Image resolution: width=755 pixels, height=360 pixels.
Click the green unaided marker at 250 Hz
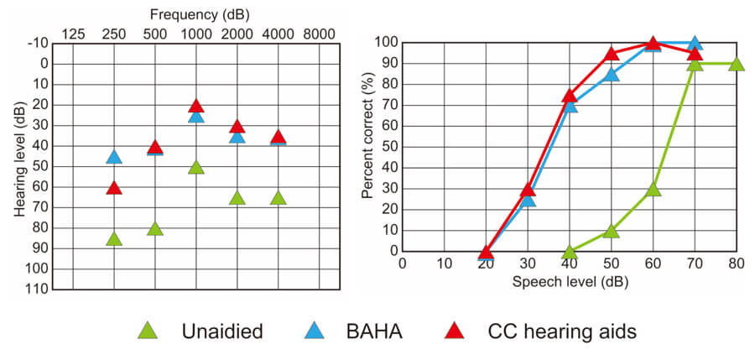click(114, 239)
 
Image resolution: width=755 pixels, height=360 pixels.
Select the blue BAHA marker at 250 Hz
click(114, 157)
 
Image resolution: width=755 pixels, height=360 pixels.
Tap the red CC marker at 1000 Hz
click(196, 106)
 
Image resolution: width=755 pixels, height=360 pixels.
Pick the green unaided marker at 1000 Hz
click(196, 168)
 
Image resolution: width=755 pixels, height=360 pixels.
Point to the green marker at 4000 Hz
click(279, 198)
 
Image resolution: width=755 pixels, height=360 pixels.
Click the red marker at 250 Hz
click(114, 188)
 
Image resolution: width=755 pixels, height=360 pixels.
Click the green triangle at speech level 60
click(653, 190)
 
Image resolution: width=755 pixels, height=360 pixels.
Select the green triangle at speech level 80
click(736, 65)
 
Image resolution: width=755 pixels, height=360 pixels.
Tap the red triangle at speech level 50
click(612, 55)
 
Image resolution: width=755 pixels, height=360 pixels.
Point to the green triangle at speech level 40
click(570, 252)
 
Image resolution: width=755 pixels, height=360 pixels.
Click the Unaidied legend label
click(222, 331)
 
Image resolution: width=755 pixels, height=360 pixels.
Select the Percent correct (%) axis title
click(367, 146)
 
